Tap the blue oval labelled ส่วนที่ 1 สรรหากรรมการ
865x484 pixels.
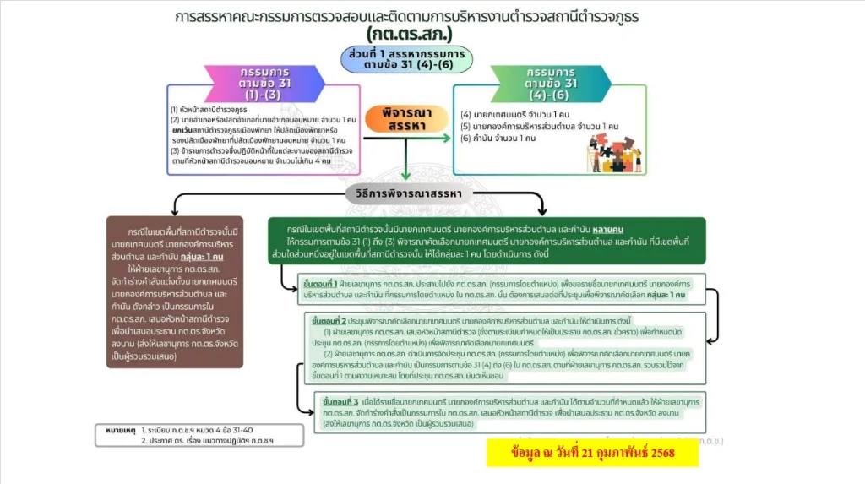pyautogui.click(x=408, y=59)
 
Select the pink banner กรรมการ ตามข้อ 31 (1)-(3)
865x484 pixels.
pyautogui.click(x=262, y=83)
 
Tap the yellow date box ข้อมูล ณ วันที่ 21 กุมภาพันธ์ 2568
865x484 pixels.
pyautogui.click(x=592, y=454)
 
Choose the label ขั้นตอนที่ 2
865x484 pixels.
pyautogui.click(x=329, y=322)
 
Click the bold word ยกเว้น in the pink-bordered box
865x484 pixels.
pyautogui.click(x=186, y=131)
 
